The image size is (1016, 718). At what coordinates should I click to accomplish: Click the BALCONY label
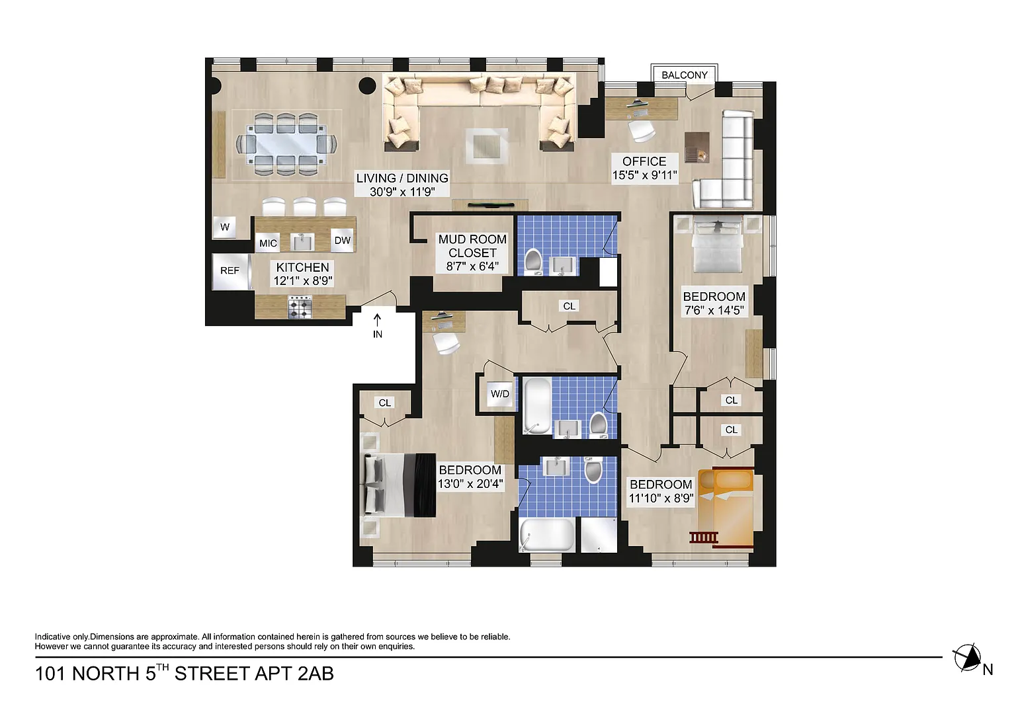click(x=684, y=75)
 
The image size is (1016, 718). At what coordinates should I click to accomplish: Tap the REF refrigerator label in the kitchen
click(x=230, y=270)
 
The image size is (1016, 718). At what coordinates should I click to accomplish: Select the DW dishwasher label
click(x=343, y=240)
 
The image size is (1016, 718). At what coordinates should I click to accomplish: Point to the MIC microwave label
click(x=268, y=243)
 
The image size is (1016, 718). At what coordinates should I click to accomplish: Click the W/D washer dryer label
click(x=500, y=394)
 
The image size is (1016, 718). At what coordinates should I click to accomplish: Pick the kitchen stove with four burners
click(x=300, y=307)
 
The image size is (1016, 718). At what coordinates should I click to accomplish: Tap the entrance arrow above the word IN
click(x=378, y=320)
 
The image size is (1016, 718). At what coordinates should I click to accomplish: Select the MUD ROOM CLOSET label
click(x=472, y=246)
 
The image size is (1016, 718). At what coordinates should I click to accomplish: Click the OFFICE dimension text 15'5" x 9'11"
click(x=644, y=175)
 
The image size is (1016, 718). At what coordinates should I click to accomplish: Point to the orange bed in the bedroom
click(x=726, y=508)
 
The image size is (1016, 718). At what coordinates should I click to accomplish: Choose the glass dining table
click(x=286, y=145)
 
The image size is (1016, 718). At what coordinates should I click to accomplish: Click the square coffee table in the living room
click(x=486, y=146)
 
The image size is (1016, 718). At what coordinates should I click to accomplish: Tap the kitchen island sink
click(x=302, y=242)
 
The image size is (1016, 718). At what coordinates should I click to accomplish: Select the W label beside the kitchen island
click(x=225, y=227)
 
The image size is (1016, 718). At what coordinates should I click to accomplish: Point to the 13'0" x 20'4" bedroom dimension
click(x=470, y=484)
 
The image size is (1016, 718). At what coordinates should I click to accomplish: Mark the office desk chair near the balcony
click(x=642, y=130)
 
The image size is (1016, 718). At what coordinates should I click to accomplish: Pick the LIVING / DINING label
click(x=402, y=178)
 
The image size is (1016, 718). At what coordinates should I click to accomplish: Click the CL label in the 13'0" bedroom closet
click(x=384, y=403)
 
